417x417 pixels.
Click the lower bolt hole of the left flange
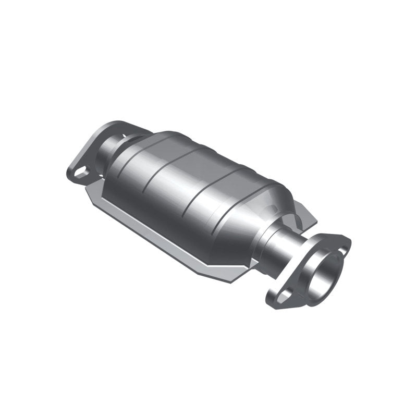pos(80,171)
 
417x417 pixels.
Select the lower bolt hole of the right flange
pos(284,296)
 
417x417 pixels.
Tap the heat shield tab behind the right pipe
pos(308,216)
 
